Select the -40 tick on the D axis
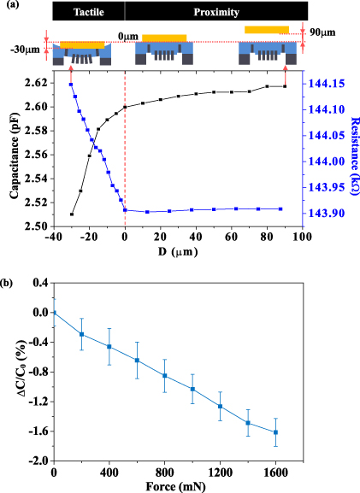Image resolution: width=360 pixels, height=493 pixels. [x=53, y=237]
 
